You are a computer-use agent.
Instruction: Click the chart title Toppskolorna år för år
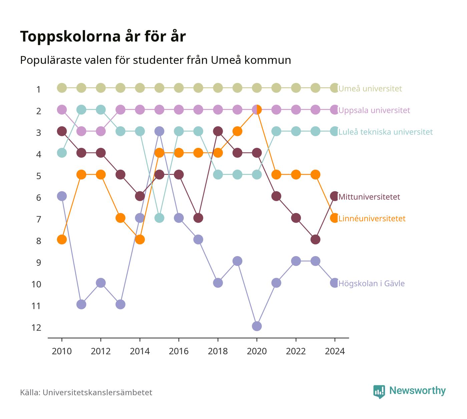[103, 37]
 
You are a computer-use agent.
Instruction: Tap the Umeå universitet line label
[370, 89]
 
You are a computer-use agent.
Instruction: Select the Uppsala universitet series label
[374, 110]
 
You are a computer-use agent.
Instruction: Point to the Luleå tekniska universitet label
[385, 132]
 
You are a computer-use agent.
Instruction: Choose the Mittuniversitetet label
[369, 197]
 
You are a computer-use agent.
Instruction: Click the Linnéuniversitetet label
[372, 218]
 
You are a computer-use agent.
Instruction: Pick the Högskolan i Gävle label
[371, 283]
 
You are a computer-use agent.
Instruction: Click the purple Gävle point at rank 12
[257, 326]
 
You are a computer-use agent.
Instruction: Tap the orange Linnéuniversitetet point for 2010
[62, 239]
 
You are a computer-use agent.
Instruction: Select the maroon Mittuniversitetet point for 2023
[315, 239]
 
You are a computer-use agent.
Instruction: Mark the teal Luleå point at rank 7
[159, 218]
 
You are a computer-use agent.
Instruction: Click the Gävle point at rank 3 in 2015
[159, 131]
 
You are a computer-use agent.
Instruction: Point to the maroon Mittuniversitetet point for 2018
[218, 131]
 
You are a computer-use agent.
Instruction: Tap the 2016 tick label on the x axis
[179, 351]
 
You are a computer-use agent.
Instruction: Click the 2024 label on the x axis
[335, 351]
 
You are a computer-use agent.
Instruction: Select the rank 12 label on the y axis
[36, 328]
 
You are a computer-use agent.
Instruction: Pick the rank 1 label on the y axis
[38, 89]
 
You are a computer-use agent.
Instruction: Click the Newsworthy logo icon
[379, 392]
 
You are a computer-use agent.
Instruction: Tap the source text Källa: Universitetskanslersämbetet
[86, 393]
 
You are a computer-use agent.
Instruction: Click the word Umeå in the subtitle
[226, 60]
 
